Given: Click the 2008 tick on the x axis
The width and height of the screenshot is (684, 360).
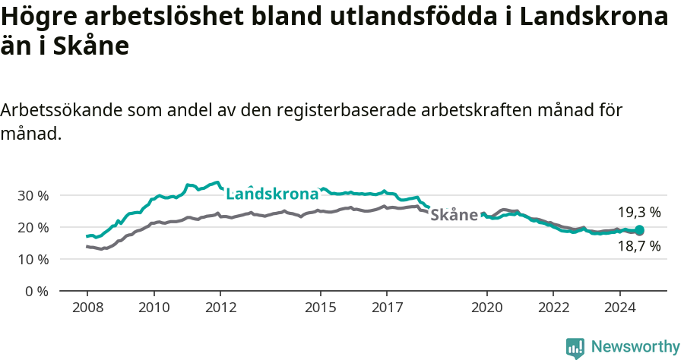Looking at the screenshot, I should [x=87, y=308].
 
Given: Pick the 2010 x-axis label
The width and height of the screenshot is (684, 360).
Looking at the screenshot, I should [x=154, y=308].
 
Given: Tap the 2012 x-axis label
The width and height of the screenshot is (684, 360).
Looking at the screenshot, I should [x=220, y=308].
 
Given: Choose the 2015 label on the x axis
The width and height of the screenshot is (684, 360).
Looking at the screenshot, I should [x=320, y=308].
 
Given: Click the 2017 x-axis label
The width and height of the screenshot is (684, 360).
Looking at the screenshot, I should [x=387, y=308].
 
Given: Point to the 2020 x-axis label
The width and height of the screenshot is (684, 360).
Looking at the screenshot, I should [x=486, y=308].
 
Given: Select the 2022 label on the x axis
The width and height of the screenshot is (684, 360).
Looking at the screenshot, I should [x=553, y=308].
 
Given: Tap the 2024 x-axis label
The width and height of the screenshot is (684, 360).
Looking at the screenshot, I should [x=619, y=308].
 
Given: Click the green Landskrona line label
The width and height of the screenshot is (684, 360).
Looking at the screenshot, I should [x=272, y=193].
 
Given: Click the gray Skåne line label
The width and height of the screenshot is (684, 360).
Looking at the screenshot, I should [x=454, y=215].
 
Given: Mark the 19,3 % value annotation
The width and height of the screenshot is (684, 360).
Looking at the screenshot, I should [x=638, y=213].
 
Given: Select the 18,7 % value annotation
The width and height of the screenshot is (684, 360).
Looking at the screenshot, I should [x=638, y=246].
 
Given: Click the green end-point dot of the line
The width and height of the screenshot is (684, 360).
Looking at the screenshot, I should [x=639, y=230].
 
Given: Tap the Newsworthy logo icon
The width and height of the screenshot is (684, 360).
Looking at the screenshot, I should [x=575, y=347].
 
